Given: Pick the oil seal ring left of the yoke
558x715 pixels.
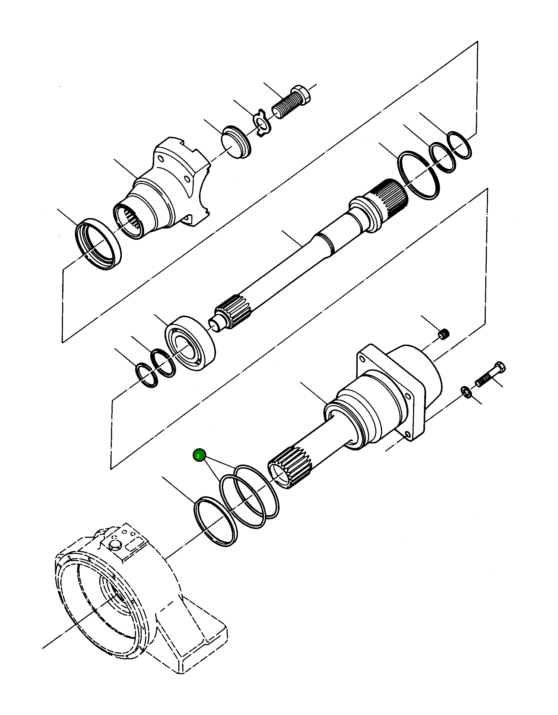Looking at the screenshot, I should click(x=98, y=244).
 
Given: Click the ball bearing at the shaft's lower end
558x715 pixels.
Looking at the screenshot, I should click(x=190, y=343).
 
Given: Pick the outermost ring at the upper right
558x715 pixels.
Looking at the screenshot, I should click(x=460, y=145).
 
